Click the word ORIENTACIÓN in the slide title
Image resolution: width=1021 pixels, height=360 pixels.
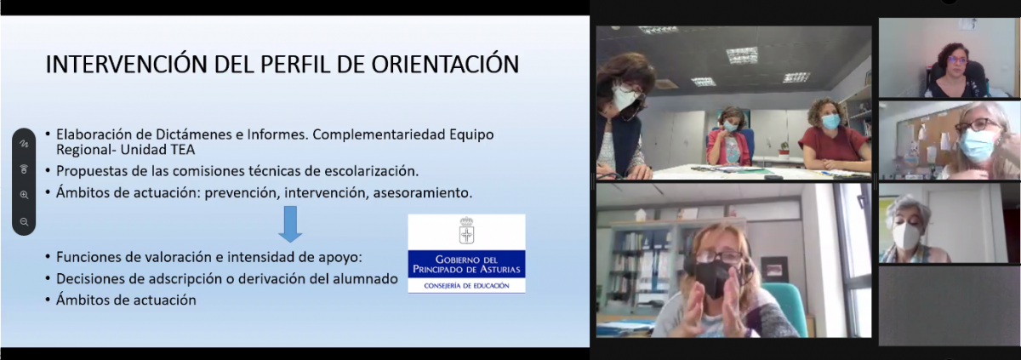445,64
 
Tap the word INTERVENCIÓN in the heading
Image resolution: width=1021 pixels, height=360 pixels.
126,64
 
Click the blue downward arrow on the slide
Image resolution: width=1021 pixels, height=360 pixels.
290,224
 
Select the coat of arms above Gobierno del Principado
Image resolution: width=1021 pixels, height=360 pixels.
466,231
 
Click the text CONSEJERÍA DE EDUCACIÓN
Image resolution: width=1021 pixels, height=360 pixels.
466,286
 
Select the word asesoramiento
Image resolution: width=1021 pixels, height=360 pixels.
423,192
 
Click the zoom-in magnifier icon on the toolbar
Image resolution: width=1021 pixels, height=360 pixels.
24,195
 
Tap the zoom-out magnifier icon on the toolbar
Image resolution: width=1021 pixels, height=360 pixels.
24,222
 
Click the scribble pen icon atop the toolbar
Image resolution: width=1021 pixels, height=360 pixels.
24,144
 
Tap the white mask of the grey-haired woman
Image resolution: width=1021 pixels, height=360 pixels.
905,236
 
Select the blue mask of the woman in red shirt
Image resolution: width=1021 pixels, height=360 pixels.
830,121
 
